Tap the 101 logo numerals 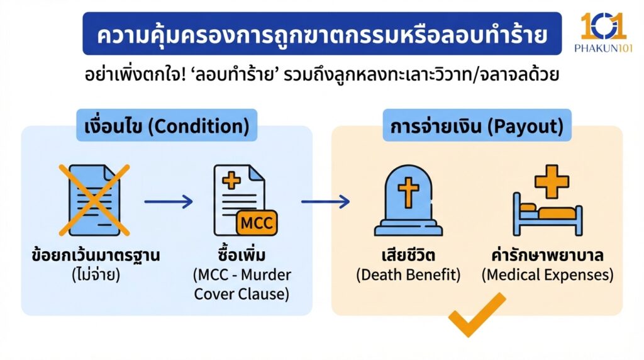(602, 26)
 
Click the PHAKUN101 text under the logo (602, 48)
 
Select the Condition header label (167, 127)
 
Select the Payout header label (476, 127)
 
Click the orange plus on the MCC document (232, 182)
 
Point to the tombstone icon (408, 201)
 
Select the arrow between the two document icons (168, 202)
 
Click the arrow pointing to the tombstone (325, 202)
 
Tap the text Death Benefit (408, 275)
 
